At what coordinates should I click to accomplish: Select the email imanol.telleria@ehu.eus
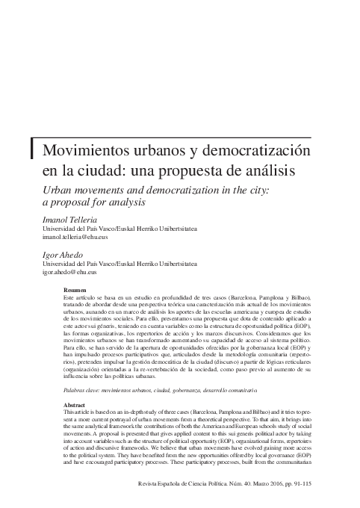pyautogui.click(x=75, y=237)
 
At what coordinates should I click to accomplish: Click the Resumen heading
pyautogui.click(x=76, y=290)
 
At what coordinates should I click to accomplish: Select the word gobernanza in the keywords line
pyautogui.click(x=189, y=391)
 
